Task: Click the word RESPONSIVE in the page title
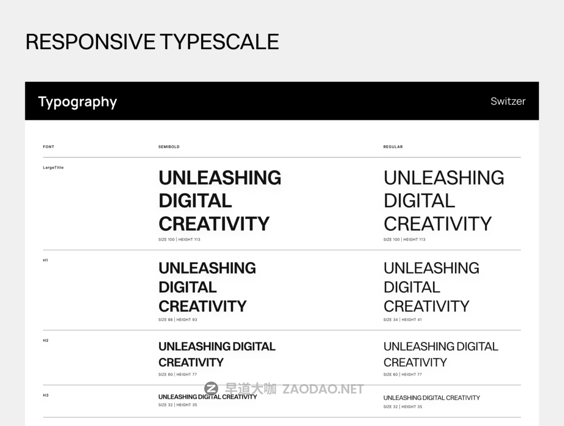[90, 42]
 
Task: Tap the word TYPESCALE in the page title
[219, 42]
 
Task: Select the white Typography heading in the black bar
[78, 102]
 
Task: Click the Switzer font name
[508, 101]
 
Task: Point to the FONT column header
[49, 147]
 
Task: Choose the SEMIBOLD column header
[169, 147]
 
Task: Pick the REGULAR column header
[393, 147]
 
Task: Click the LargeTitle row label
[53, 168]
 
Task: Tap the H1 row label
[45, 261]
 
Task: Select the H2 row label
[45, 340]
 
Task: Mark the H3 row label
[45, 395]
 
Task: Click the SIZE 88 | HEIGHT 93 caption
[178, 319]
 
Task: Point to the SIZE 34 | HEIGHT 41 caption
[403, 319]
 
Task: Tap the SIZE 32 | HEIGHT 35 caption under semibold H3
[178, 405]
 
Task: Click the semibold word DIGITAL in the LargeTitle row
[195, 200]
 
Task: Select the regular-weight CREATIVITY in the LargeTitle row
[438, 223]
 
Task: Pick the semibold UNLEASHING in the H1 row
[207, 268]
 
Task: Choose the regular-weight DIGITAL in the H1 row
[412, 287]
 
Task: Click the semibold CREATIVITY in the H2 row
[191, 362]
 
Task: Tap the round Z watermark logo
[211, 388]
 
